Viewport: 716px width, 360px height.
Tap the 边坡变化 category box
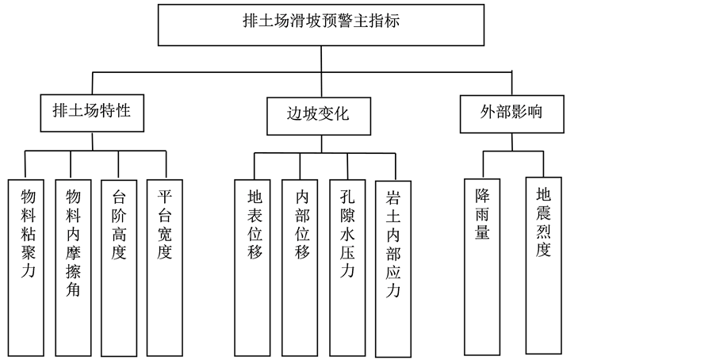tap(317, 113)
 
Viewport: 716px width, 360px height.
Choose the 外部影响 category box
tap(511, 113)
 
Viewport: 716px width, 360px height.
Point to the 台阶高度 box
tap(119, 266)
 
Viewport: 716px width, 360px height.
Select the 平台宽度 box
tap(165, 266)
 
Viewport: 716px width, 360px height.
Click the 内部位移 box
tap(301, 266)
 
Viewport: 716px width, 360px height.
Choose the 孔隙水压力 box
tap(347, 266)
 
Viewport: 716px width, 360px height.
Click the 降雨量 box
tap(482, 266)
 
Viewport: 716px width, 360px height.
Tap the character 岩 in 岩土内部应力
tap(393, 197)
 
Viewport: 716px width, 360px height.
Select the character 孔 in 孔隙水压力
tap(347, 196)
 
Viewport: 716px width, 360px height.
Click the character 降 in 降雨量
tap(482, 197)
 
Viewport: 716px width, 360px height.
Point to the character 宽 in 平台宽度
tap(165, 234)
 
